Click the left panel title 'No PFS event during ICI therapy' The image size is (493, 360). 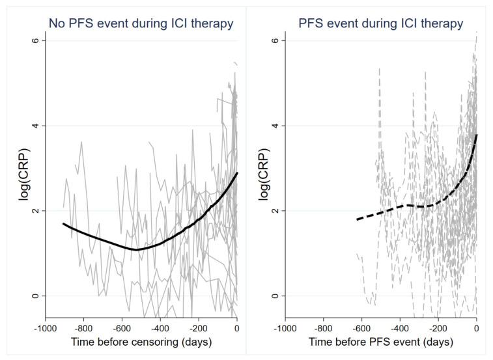(x=140, y=23)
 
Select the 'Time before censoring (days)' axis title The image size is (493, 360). (x=141, y=342)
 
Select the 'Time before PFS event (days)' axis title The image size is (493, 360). (x=381, y=342)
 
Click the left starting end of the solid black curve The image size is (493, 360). (x=64, y=223)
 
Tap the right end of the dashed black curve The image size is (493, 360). (x=477, y=134)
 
